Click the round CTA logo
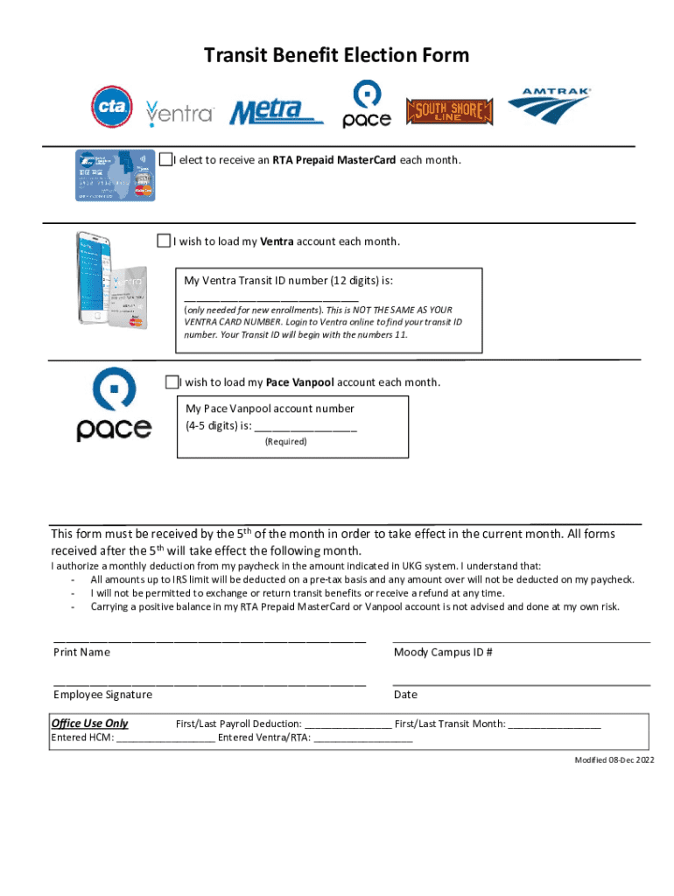[112, 108]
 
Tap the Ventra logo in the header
[180, 112]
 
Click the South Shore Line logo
[450, 111]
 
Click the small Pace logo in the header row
[366, 105]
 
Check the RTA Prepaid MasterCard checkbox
[165, 159]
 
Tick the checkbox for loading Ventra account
[164, 241]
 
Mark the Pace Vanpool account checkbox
[172, 382]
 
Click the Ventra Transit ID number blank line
[270, 298]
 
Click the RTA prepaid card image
[115, 175]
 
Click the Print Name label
[81, 652]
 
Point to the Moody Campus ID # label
[443, 652]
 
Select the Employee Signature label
[102, 695]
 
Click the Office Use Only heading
[89, 724]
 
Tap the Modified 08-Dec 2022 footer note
[614, 759]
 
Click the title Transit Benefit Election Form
[337, 56]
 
